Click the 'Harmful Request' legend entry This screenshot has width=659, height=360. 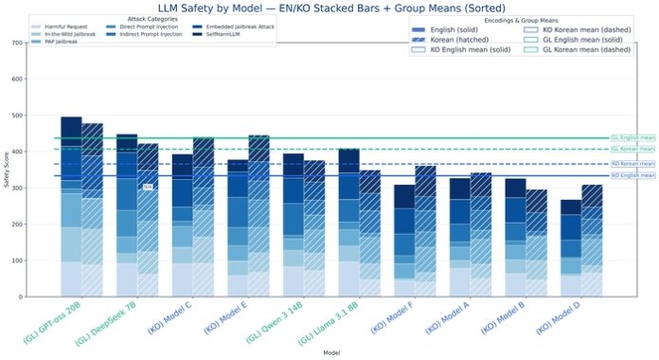(65, 27)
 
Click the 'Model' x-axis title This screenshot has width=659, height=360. (329, 351)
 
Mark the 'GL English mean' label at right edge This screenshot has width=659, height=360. (632, 138)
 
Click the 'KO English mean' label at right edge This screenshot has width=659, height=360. (632, 175)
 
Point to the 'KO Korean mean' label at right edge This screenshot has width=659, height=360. (632, 164)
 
